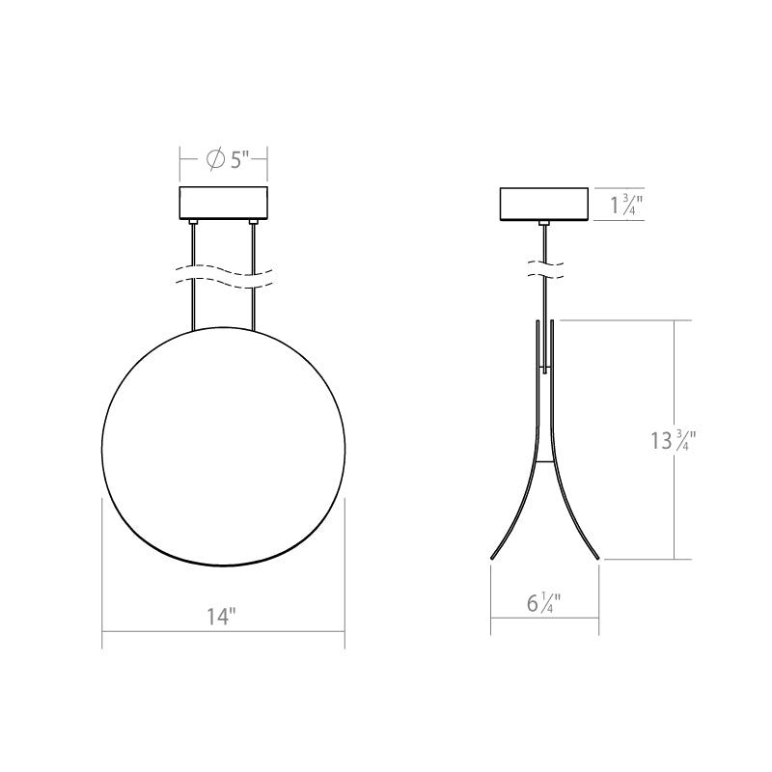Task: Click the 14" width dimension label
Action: [x=221, y=616]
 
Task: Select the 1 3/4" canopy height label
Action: [x=626, y=205]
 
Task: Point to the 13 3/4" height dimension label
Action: [x=673, y=440]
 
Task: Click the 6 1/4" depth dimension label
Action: [x=543, y=602]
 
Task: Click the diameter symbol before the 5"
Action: [x=215, y=159]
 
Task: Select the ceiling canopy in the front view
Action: [x=224, y=204]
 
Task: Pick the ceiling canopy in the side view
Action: [x=544, y=204]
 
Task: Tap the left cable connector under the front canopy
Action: [x=194, y=223]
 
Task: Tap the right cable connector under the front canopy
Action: [x=254, y=223]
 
